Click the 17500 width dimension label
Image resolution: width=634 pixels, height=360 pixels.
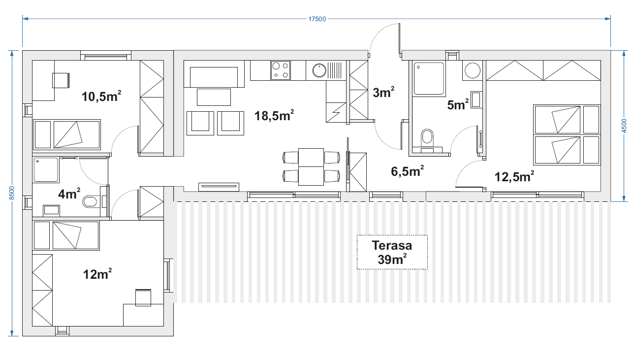[317, 19]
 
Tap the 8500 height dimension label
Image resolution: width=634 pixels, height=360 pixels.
[12, 193]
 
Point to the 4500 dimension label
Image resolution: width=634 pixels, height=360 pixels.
[624, 126]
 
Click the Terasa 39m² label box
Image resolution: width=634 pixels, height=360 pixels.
[392, 252]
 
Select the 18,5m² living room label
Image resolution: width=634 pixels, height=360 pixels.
[274, 115]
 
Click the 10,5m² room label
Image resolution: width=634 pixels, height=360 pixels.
[101, 96]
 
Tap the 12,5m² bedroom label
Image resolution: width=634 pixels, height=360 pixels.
[514, 176]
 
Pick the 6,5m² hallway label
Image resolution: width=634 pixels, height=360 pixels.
[407, 171]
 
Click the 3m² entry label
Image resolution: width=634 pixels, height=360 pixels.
[383, 92]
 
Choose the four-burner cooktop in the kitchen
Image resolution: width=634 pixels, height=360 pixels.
[281, 70]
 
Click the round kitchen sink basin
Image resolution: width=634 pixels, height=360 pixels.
[319, 70]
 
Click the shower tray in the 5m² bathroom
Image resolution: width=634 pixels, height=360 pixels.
[429, 78]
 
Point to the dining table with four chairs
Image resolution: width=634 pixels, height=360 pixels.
[311, 167]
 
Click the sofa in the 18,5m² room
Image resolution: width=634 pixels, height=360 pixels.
[214, 74]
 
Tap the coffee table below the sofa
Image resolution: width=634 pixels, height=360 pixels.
[214, 97]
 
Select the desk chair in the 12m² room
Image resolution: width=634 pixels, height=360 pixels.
[143, 297]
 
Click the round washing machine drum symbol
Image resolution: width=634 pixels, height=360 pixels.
[473, 70]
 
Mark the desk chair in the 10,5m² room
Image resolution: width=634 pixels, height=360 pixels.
[61, 80]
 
